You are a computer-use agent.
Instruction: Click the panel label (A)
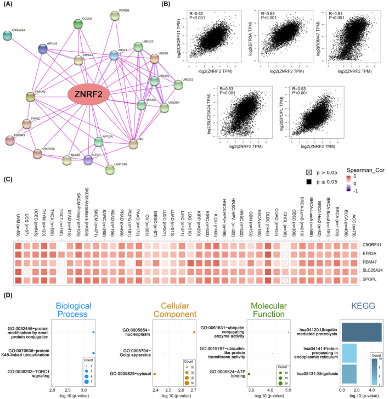tap(10, 5)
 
